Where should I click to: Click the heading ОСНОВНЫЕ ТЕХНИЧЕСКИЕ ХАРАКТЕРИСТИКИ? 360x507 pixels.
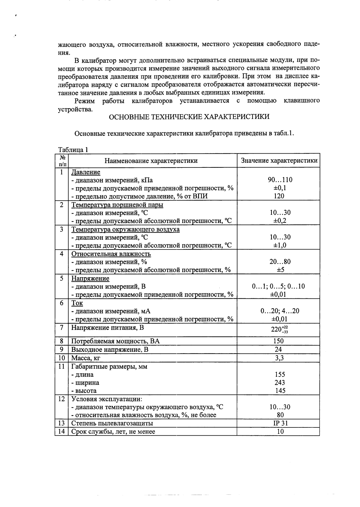[189, 117]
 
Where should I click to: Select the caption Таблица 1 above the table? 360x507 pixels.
[73, 150]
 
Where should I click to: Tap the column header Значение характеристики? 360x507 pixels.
[279, 161]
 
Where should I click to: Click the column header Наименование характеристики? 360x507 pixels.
[151, 161]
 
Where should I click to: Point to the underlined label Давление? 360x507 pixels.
[86, 172]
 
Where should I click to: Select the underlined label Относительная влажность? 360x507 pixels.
[111, 254]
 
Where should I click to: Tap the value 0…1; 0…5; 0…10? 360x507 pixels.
[278, 286]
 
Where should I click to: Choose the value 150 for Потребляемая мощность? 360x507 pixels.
[278, 341]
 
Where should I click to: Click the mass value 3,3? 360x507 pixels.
[279, 358]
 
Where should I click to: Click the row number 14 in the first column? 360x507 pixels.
[61, 431]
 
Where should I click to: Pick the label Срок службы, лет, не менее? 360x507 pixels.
[113, 431]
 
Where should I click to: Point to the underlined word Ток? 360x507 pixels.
[77, 303]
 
